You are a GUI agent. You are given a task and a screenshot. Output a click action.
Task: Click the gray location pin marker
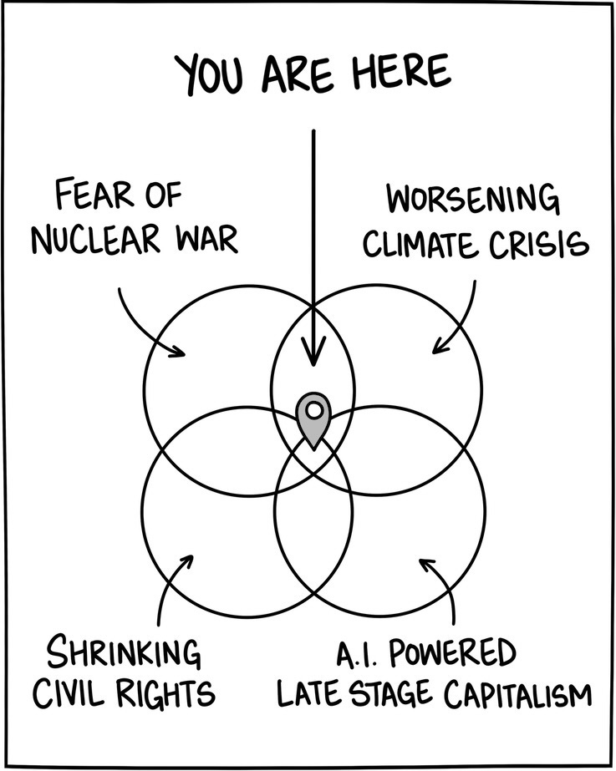coord(313,420)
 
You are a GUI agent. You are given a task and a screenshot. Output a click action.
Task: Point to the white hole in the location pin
coord(313,410)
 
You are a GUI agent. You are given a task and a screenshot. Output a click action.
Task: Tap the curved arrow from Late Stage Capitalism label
coord(443,589)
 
